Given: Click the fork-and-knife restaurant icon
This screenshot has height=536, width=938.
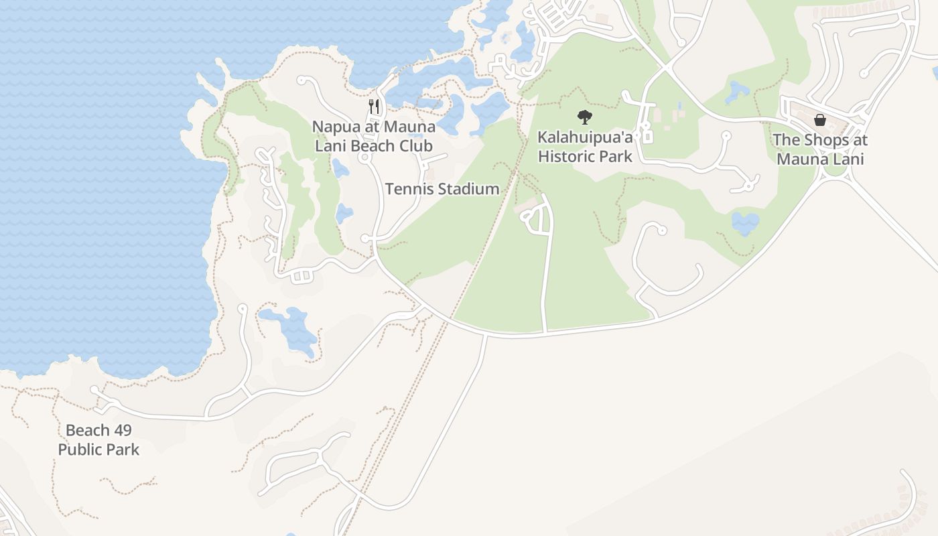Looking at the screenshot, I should [x=374, y=106].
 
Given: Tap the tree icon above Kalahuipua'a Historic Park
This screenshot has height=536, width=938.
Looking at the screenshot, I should [x=585, y=117].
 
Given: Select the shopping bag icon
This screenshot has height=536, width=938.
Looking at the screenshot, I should [x=819, y=121].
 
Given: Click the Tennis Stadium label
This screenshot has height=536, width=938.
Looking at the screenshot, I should [x=442, y=189].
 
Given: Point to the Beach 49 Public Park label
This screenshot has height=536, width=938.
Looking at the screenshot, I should [x=98, y=440].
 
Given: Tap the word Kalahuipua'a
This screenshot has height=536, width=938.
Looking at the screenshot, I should [x=585, y=138].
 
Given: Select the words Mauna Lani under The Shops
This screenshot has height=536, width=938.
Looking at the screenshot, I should [x=820, y=159].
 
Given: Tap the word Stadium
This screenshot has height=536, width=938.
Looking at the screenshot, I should [x=469, y=189].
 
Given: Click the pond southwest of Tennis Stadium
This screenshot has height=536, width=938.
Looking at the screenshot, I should [x=344, y=214].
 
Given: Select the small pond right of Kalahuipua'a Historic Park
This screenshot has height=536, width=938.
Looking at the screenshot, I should [x=745, y=223].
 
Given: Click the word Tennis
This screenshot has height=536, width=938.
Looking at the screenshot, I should [x=408, y=189].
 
